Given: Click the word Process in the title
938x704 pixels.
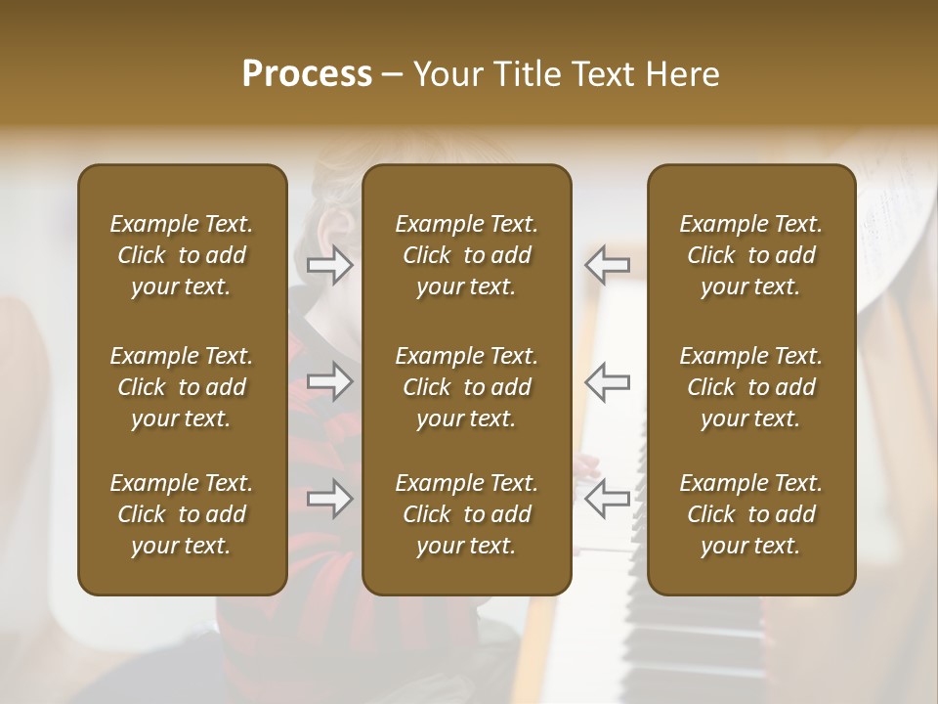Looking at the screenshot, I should coord(307,74).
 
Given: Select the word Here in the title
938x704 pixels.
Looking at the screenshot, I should coord(681,74).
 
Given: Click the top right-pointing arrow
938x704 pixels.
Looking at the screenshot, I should coord(329,265).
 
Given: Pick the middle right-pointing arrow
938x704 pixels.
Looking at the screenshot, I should coord(329,381).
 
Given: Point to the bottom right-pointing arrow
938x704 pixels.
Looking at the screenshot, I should coord(329,499).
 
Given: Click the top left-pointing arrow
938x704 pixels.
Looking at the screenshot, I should coord(608,265).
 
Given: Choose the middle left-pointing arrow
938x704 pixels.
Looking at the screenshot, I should coord(608,381).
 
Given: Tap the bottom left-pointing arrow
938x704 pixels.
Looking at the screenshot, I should coord(608,499).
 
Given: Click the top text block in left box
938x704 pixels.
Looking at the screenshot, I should coord(182,255).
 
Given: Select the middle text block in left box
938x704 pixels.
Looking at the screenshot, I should coord(182,387).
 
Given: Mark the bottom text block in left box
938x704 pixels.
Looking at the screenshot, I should coord(182,514).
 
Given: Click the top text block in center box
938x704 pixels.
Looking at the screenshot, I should coord(467,255).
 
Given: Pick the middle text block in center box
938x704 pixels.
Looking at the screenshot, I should coord(467,387).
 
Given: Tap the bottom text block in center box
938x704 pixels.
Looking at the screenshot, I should coord(467,514).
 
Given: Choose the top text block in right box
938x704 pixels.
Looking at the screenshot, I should coord(751,255).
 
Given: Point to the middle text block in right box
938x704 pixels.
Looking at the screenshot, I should coord(751,387).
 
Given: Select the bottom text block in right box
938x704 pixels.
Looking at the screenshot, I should coord(751,514).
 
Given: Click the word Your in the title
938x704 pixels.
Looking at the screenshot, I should coord(446,74).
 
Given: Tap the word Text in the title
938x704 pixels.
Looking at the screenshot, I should coord(601,74).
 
